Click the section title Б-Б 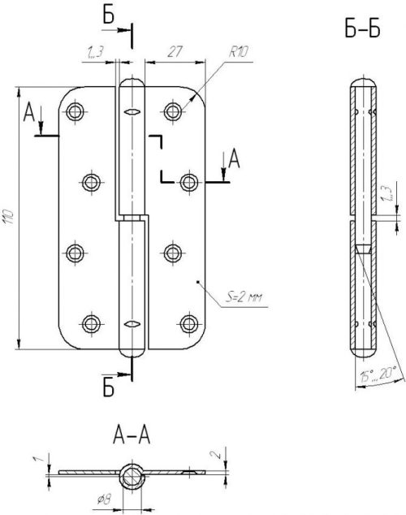point(362,28)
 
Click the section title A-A point(132,435)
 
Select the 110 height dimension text point(9,216)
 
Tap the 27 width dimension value point(175,52)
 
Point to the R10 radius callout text point(238,51)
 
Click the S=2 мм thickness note point(244,297)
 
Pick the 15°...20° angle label point(378,374)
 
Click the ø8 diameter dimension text point(105,500)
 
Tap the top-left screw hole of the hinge point(76,111)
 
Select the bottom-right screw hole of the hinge point(189,324)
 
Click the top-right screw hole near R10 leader point(173,111)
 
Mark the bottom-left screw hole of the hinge point(91,324)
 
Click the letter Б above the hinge point(109,15)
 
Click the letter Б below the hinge point(109,388)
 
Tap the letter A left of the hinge point(29,112)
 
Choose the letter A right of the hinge point(234,158)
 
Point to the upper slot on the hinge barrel point(132,112)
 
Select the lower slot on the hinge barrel point(132,324)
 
